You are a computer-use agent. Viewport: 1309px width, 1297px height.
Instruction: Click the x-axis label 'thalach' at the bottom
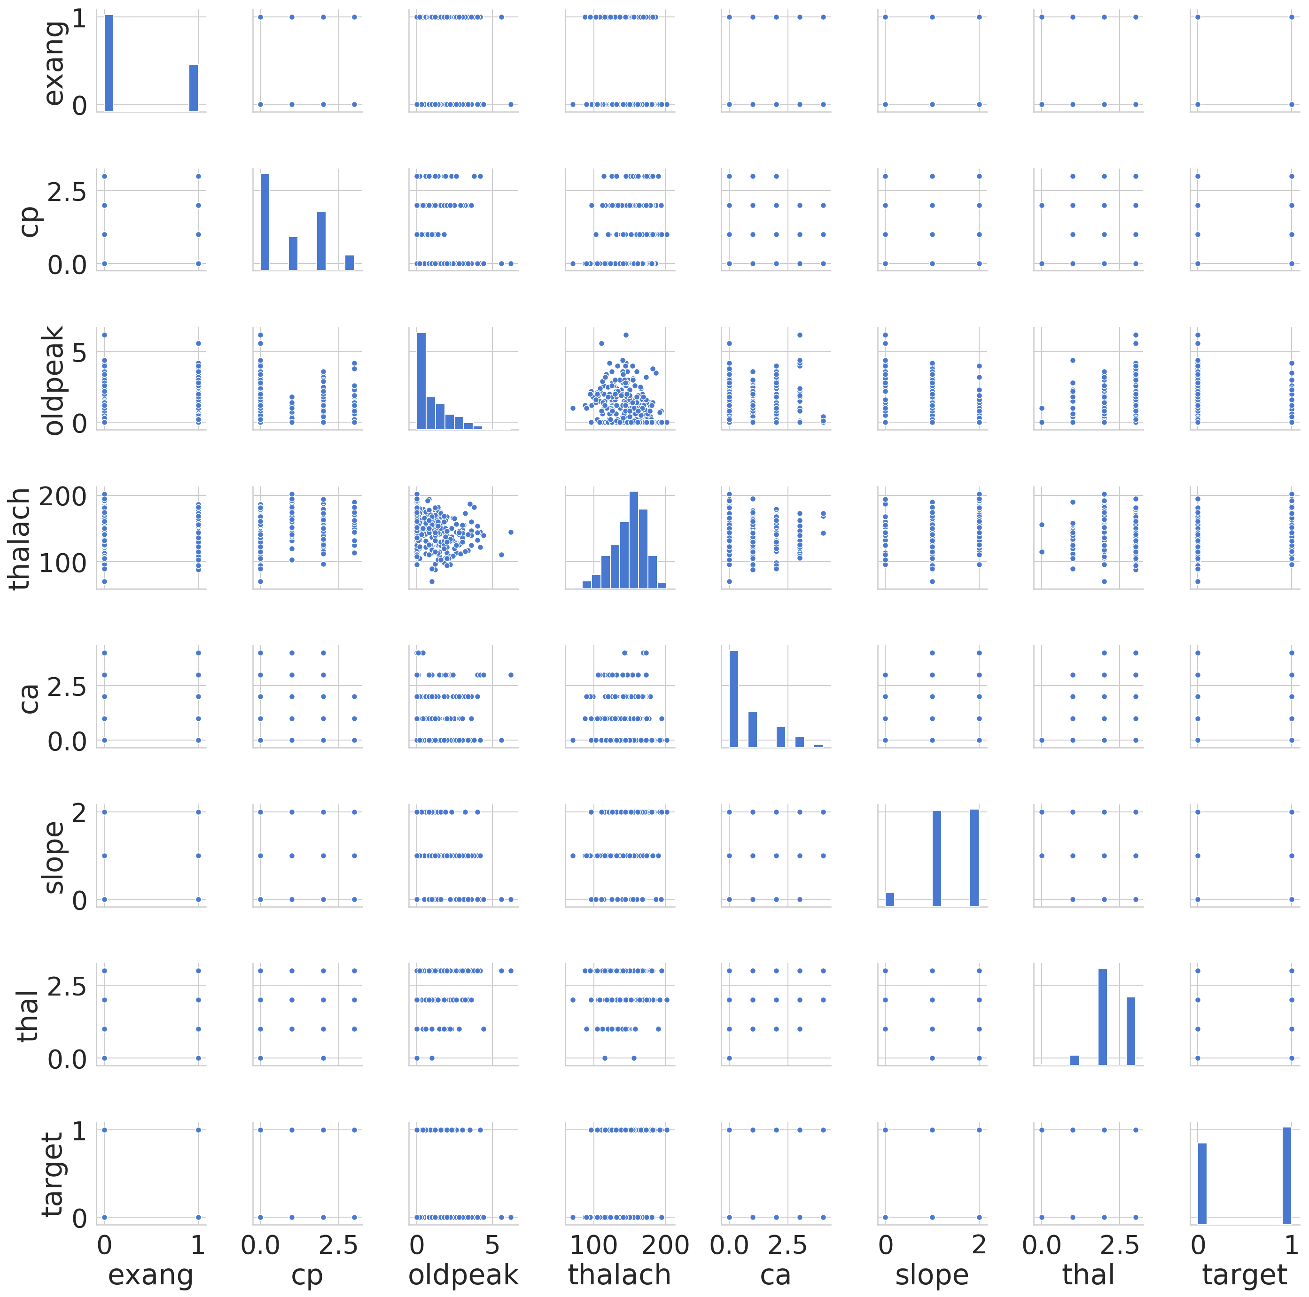pyautogui.click(x=619, y=1274)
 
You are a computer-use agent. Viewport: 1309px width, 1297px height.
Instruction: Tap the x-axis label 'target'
pyautogui.click(x=1244, y=1274)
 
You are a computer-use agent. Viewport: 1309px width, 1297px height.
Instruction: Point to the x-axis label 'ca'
pyautogui.click(x=775, y=1274)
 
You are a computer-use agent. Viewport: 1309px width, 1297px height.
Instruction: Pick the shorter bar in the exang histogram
pyautogui.click(x=193, y=88)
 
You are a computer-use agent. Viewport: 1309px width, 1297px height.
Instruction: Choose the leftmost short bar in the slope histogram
pyautogui.click(x=889, y=899)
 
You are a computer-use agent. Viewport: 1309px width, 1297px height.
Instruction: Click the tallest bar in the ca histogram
pyautogui.click(x=734, y=698)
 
